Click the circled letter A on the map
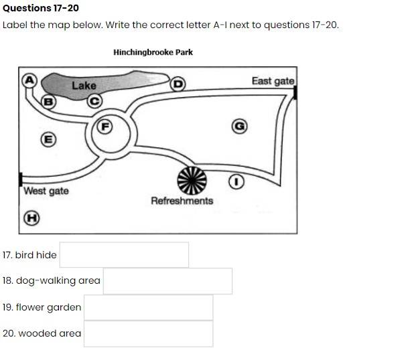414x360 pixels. coord(29,78)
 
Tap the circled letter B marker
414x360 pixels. coord(48,102)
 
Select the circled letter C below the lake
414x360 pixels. coord(95,100)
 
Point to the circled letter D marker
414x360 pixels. coord(178,84)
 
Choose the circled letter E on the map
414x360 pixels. coord(48,139)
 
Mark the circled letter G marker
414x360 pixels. coord(239,126)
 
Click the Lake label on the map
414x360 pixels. coord(84,86)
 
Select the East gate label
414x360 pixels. coord(272,81)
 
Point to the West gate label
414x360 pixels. coord(46,191)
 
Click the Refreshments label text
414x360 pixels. coord(182,201)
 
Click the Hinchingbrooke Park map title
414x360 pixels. coord(153,52)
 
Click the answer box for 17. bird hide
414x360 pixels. coord(124,255)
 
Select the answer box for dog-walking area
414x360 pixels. coord(167,281)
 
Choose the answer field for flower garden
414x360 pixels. coord(148,308)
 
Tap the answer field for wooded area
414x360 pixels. coord(148,333)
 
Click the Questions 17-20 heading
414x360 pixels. coord(41,8)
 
